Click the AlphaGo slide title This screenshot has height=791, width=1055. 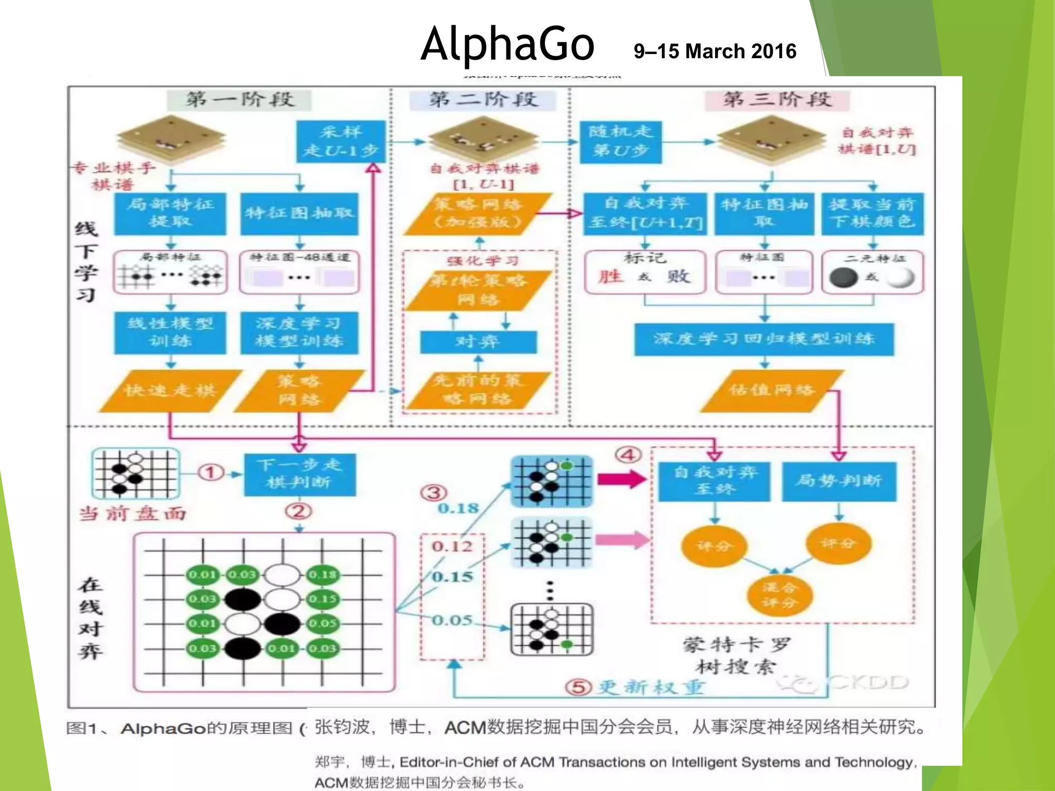pyautogui.click(x=507, y=44)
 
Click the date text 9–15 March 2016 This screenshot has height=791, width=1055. pyautogui.click(x=715, y=51)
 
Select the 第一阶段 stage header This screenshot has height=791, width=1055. pyautogui.click(x=240, y=99)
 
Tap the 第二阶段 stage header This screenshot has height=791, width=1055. pyautogui.click(x=483, y=99)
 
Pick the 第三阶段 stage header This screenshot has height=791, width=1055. pyautogui.click(x=777, y=99)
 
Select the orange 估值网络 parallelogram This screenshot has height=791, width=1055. pyautogui.click(x=771, y=390)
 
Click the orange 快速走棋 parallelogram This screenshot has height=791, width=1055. pyautogui.click(x=170, y=391)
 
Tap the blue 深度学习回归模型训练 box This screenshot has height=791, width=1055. pyautogui.click(x=764, y=339)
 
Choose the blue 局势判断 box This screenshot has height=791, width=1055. pyautogui.click(x=839, y=481)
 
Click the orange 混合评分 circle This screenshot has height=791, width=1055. pyautogui.click(x=779, y=595)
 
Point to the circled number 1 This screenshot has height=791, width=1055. pyautogui.click(x=211, y=472)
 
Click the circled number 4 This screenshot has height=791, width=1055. pyautogui.click(x=628, y=455)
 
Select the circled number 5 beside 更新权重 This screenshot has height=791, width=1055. pyautogui.click(x=578, y=686)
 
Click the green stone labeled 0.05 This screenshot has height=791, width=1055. pyautogui.click(x=322, y=624)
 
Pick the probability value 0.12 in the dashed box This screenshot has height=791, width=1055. pyautogui.click(x=452, y=546)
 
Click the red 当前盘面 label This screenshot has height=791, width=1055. pyautogui.click(x=132, y=513)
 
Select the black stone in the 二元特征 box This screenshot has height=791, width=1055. pyautogui.click(x=843, y=278)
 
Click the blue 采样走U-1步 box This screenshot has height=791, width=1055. pyautogui.click(x=341, y=142)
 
